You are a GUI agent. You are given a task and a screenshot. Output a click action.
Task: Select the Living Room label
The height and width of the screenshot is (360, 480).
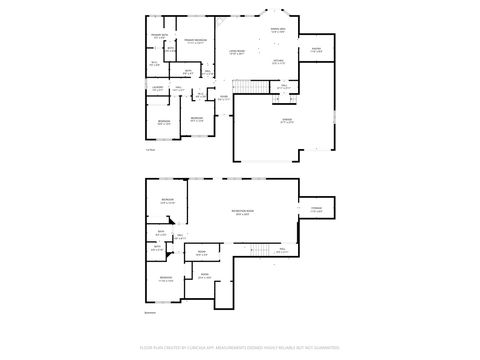coord(237,51)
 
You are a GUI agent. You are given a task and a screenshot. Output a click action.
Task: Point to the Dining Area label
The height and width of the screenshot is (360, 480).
coord(278,30)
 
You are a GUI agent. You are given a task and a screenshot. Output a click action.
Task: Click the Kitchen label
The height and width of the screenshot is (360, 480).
coord(279,62)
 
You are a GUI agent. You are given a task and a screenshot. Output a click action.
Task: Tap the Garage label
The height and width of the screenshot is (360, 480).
coord(287,120)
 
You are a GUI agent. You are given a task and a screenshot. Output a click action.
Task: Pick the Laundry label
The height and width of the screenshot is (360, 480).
coord(158,90)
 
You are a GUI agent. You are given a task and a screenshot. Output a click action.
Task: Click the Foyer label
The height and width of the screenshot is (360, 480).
coord(225,98)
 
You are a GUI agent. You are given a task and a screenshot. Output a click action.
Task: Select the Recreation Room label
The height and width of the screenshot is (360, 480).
coord(242,213)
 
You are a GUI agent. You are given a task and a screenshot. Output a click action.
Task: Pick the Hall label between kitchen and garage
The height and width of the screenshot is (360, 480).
coord(284,87)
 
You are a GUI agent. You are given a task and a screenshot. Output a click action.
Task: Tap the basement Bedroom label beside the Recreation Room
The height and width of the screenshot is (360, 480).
coord(168,202)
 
